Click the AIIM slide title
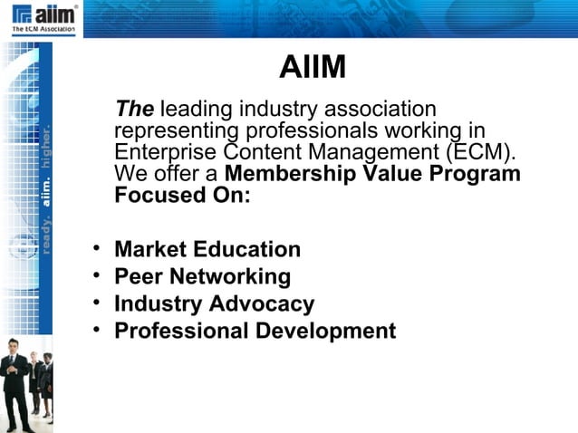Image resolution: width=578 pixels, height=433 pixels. pos(313,69)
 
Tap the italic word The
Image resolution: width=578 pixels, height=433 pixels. pos(134,110)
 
